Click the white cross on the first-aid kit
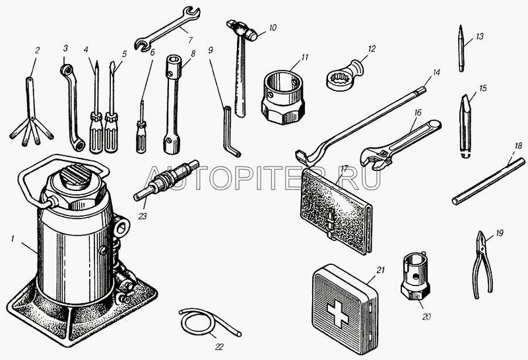[338, 314]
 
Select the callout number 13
[479, 36]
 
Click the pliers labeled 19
[482, 265]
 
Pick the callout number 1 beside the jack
[13, 238]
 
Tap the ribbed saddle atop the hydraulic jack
[76, 174]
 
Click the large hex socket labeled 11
[284, 97]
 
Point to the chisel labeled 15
[465, 126]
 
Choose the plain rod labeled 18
[488, 182]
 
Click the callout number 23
[143, 216]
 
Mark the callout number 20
[426, 317]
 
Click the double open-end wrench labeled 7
[168, 28]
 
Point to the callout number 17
[345, 168]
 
